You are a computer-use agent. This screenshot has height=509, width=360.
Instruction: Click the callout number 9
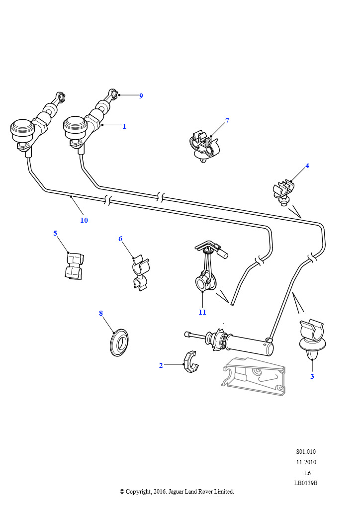[x=141, y=96]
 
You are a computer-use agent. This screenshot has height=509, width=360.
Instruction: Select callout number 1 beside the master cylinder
[x=124, y=126]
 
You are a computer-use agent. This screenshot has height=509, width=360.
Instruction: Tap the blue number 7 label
[x=227, y=121]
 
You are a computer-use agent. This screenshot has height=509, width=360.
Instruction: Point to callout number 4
[x=307, y=166]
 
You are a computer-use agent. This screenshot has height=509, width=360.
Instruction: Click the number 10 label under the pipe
[x=84, y=220]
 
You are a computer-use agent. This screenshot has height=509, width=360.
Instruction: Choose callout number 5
[x=55, y=233]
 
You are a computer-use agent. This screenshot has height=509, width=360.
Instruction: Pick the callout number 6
[x=120, y=239]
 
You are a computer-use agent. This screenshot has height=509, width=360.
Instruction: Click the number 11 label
[x=202, y=312]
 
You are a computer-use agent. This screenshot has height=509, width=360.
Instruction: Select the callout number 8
[x=101, y=313]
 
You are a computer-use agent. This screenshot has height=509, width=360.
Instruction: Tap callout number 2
[x=161, y=365]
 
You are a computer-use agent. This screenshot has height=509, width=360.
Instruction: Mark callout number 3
[x=312, y=376]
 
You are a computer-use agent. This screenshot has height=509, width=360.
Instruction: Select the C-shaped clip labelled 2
[x=191, y=362]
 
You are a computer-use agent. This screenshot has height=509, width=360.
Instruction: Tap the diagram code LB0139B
[x=306, y=483]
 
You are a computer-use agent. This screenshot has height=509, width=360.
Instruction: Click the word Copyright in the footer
[x=138, y=492]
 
